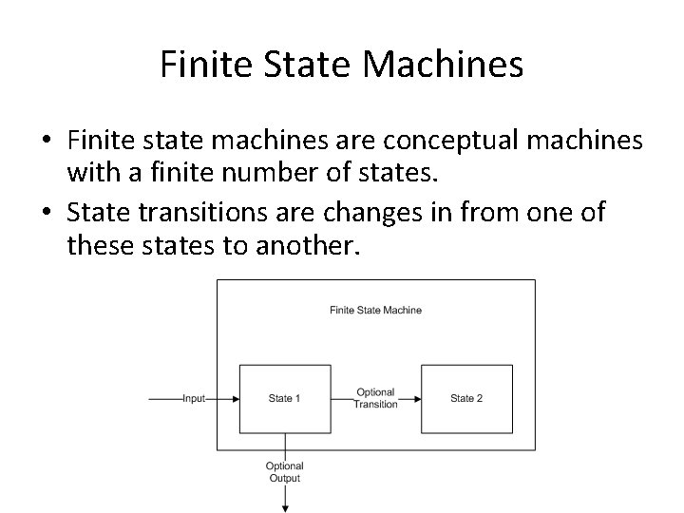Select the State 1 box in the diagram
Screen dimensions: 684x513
[x=285, y=398]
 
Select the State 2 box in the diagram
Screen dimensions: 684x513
[x=466, y=398]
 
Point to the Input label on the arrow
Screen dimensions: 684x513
[x=194, y=399]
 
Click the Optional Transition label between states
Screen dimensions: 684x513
[x=375, y=399]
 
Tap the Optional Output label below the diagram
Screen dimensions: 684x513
[x=284, y=471]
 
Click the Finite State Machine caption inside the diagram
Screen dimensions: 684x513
[x=375, y=310]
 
